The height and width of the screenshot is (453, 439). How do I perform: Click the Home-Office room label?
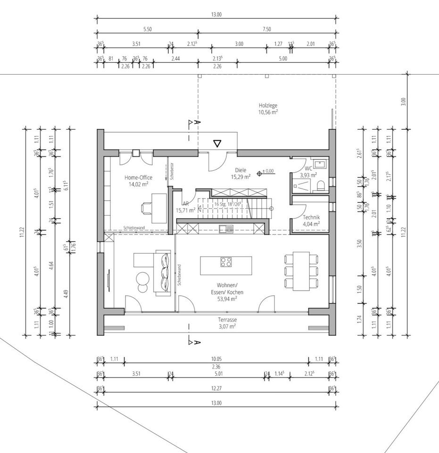[138, 177]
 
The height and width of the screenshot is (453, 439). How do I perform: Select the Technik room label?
[311, 218]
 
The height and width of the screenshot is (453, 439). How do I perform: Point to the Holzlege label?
[268, 106]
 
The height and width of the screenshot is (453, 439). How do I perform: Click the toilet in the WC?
[321, 185]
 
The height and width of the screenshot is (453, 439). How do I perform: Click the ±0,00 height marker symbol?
[259, 173]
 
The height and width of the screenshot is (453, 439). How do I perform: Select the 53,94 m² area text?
[227, 298]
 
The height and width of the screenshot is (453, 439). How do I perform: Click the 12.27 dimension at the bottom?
[216, 388]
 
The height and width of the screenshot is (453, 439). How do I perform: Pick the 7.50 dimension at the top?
[267, 29]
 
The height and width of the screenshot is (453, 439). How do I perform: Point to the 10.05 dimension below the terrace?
[216, 359]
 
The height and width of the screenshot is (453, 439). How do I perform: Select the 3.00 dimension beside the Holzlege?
[403, 101]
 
